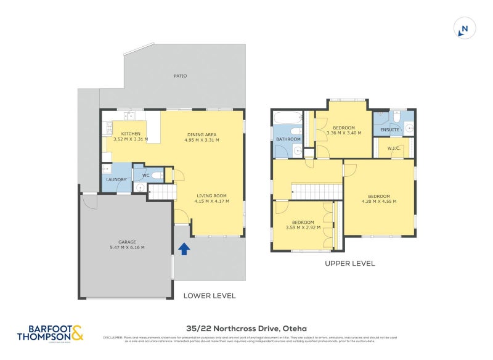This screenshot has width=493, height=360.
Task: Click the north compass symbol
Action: click(x=465, y=28)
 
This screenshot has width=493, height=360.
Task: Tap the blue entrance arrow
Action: click(x=183, y=249)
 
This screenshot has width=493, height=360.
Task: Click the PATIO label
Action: click(x=180, y=76)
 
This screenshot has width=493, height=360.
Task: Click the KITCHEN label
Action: click(x=131, y=134)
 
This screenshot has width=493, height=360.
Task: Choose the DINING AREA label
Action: click(x=202, y=134)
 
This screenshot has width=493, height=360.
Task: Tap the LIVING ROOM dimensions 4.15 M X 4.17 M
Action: click(x=211, y=201)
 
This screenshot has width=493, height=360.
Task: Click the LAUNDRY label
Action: click(x=116, y=180)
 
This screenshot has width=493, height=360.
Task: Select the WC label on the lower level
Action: click(x=146, y=176)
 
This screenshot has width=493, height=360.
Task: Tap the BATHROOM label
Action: click(x=288, y=139)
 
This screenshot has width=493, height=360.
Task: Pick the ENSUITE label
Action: click(x=389, y=130)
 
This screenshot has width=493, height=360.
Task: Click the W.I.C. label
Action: click(x=394, y=148)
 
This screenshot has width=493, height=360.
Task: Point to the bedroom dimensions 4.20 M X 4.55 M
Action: click(x=379, y=201)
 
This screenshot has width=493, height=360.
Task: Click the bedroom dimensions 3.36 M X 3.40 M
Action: click(x=343, y=133)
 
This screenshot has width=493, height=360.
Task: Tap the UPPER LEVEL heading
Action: click(x=350, y=263)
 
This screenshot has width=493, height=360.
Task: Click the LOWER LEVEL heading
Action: click(x=210, y=296)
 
